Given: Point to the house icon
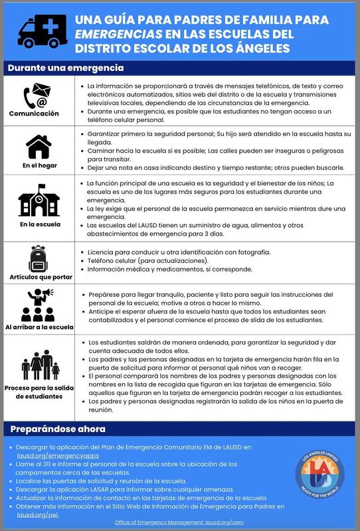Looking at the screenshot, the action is coord(37,145).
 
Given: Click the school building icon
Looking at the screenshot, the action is coord(37,202).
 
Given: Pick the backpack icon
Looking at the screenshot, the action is coord(37,258).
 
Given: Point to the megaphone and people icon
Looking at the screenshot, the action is coord(37,305).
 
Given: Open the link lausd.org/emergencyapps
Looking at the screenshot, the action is coord(56,456).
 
